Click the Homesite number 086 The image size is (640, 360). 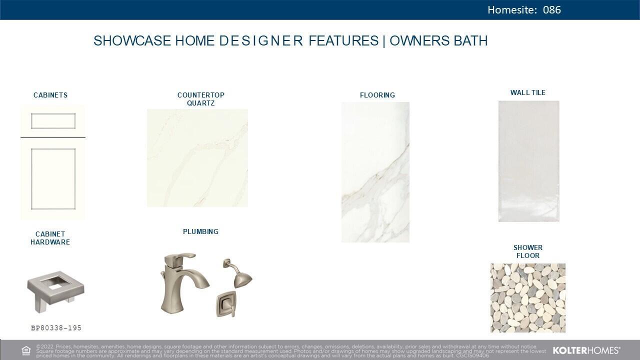(551, 10)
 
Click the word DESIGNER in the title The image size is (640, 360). (261, 41)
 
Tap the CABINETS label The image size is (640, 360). (50, 95)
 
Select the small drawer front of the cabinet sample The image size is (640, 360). (53, 121)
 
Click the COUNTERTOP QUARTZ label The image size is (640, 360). (201, 99)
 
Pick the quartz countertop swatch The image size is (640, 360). (197, 158)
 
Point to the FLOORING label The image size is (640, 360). (377, 95)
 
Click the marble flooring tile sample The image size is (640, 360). (375, 172)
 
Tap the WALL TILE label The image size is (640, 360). (528, 92)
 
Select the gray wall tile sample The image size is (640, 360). (529, 161)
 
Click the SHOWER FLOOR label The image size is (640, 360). (528, 251)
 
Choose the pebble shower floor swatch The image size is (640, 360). (528, 298)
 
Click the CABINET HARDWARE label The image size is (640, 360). (50, 238)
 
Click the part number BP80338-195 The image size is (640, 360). (56, 328)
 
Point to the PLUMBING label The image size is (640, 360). (200, 231)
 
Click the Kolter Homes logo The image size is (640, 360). (586, 350)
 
